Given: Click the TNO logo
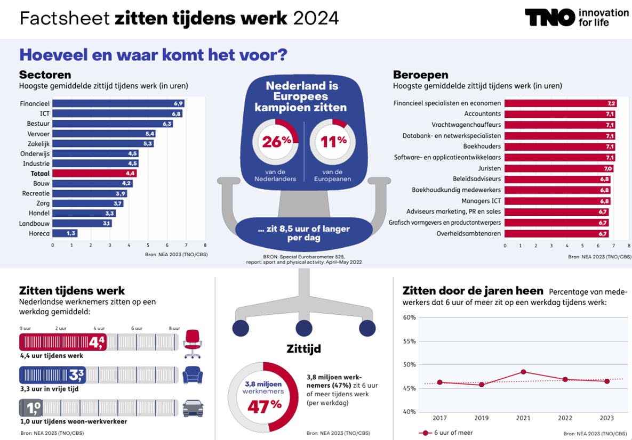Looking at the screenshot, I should click(x=550, y=17).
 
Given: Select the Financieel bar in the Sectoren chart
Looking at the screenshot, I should click(x=118, y=103).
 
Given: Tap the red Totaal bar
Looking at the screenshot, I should click(x=94, y=173).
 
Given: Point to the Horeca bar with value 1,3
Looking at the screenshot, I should click(x=65, y=233).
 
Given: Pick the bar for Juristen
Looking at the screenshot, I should click(x=558, y=168).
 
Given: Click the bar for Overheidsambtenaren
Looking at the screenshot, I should click(x=556, y=233).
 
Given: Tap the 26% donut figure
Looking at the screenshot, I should click(x=276, y=142).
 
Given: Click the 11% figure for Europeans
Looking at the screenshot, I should click(x=333, y=142).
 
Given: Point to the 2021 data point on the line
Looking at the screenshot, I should click(x=523, y=372).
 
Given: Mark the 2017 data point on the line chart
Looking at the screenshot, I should click(x=440, y=382).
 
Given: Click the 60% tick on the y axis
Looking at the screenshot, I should click(x=409, y=317).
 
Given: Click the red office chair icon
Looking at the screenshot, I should click(x=193, y=343).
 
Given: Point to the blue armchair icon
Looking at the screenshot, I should click(x=193, y=376).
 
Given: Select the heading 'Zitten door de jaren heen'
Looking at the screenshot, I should click(x=473, y=291).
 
